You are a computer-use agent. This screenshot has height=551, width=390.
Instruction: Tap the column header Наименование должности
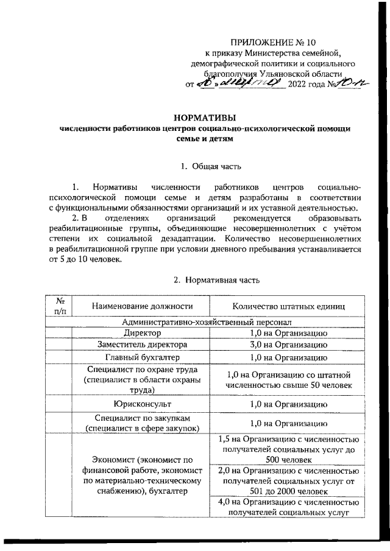(x=140, y=306)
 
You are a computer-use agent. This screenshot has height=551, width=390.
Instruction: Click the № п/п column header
(x=60, y=306)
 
